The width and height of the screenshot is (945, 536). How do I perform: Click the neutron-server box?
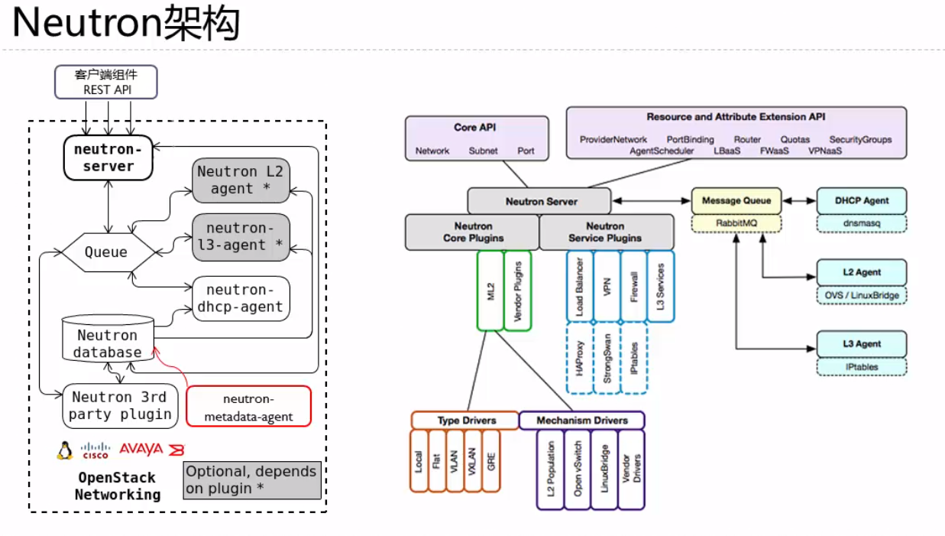(x=108, y=158)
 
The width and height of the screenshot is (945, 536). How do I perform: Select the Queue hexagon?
(x=106, y=252)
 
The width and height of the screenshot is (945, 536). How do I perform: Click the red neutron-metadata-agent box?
(x=249, y=406)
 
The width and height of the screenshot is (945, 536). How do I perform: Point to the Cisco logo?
(x=95, y=450)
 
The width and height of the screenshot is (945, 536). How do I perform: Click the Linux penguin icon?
(x=65, y=450)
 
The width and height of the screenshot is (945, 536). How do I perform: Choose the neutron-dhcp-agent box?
(x=241, y=298)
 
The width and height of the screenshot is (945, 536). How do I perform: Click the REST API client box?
(x=107, y=83)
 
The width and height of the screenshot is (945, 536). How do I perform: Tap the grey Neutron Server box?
(x=540, y=202)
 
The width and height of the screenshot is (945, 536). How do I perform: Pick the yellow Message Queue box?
(x=736, y=201)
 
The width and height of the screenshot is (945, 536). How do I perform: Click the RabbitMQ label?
(x=736, y=223)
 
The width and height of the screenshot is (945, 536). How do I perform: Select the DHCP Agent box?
(x=862, y=201)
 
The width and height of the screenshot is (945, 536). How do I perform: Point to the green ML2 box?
(x=490, y=291)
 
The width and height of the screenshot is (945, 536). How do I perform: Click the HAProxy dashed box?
(x=580, y=358)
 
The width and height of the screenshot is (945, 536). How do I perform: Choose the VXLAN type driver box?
(x=474, y=460)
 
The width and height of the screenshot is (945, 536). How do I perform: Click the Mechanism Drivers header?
(x=581, y=421)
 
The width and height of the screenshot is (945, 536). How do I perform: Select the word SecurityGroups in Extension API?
(x=860, y=140)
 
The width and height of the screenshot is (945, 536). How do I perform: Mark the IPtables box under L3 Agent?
(x=862, y=367)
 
